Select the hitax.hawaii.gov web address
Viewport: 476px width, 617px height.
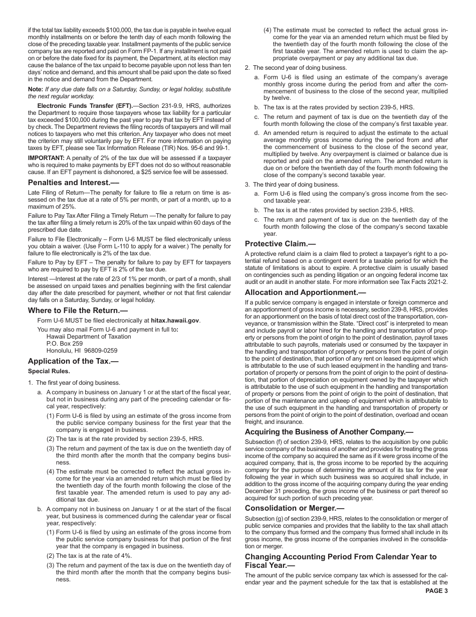[171, 320]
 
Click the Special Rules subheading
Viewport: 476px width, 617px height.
[49, 371]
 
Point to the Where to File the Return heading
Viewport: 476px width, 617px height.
[78, 311]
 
